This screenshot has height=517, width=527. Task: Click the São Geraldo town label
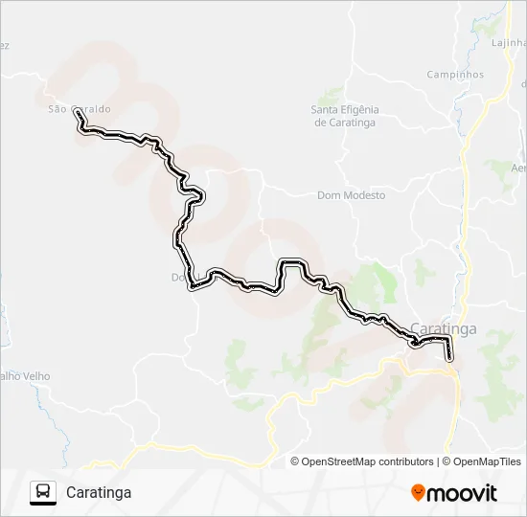pos(79,108)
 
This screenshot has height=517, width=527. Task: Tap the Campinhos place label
pos(455,75)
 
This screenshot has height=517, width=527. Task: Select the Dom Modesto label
pos(351,195)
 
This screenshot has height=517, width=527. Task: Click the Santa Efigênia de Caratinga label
pos(345,116)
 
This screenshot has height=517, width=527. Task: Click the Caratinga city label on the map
pos(443,329)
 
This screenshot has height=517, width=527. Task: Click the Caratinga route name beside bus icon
pos(99,492)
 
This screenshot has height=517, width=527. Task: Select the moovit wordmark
pos(463,493)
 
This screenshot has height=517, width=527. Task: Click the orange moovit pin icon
pos(419,493)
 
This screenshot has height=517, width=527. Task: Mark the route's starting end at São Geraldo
pos(77,113)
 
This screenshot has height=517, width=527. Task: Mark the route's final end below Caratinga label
pos(450,359)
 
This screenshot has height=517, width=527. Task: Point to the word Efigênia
pos(360,110)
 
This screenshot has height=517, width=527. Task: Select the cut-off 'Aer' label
pos(518,168)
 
